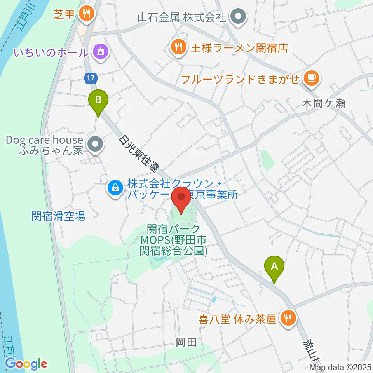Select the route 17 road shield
tap(90, 78)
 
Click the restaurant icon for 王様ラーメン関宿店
tap(178, 48)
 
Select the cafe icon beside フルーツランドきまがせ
tap(311, 78)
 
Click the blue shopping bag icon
tap(116, 188)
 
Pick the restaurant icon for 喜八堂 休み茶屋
tap(288, 319)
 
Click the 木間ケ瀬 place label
tap(323, 103)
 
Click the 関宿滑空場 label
tap(58, 216)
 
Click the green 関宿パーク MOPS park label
tap(173, 240)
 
